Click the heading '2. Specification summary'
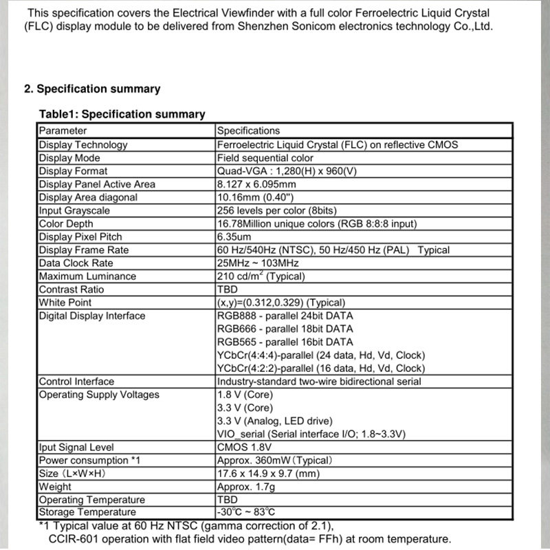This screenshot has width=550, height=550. pyautogui.click(x=92, y=89)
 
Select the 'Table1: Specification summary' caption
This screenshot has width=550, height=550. pyautogui.click(x=122, y=114)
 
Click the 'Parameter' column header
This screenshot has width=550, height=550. pyautogui.click(x=63, y=131)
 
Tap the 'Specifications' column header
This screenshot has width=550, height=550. pyautogui.click(x=248, y=131)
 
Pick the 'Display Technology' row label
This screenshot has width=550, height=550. pyautogui.click(x=83, y=144)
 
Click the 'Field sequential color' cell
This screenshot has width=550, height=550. pyautogui.click(x=265, y=157)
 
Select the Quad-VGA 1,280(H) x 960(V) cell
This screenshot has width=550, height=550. pyautogui.click(x=296, y=170)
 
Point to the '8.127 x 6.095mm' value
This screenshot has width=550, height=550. pyautogui.click(x=256, y=184)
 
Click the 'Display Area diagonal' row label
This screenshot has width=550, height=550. pyautogui.click(x=88, y=197)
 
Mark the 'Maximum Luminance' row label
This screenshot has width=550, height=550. pyautogui.click(x=87, y=276)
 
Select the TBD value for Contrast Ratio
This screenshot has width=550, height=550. pyautogui.click(x=227, y=289)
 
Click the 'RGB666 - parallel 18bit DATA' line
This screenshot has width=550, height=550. pyautogui.click(x=285, y=329)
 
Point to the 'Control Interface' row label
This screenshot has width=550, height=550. pyautogui.click(x=76, y=382)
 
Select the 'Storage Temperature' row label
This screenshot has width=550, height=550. pyautogui.click(x=87, y=512)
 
